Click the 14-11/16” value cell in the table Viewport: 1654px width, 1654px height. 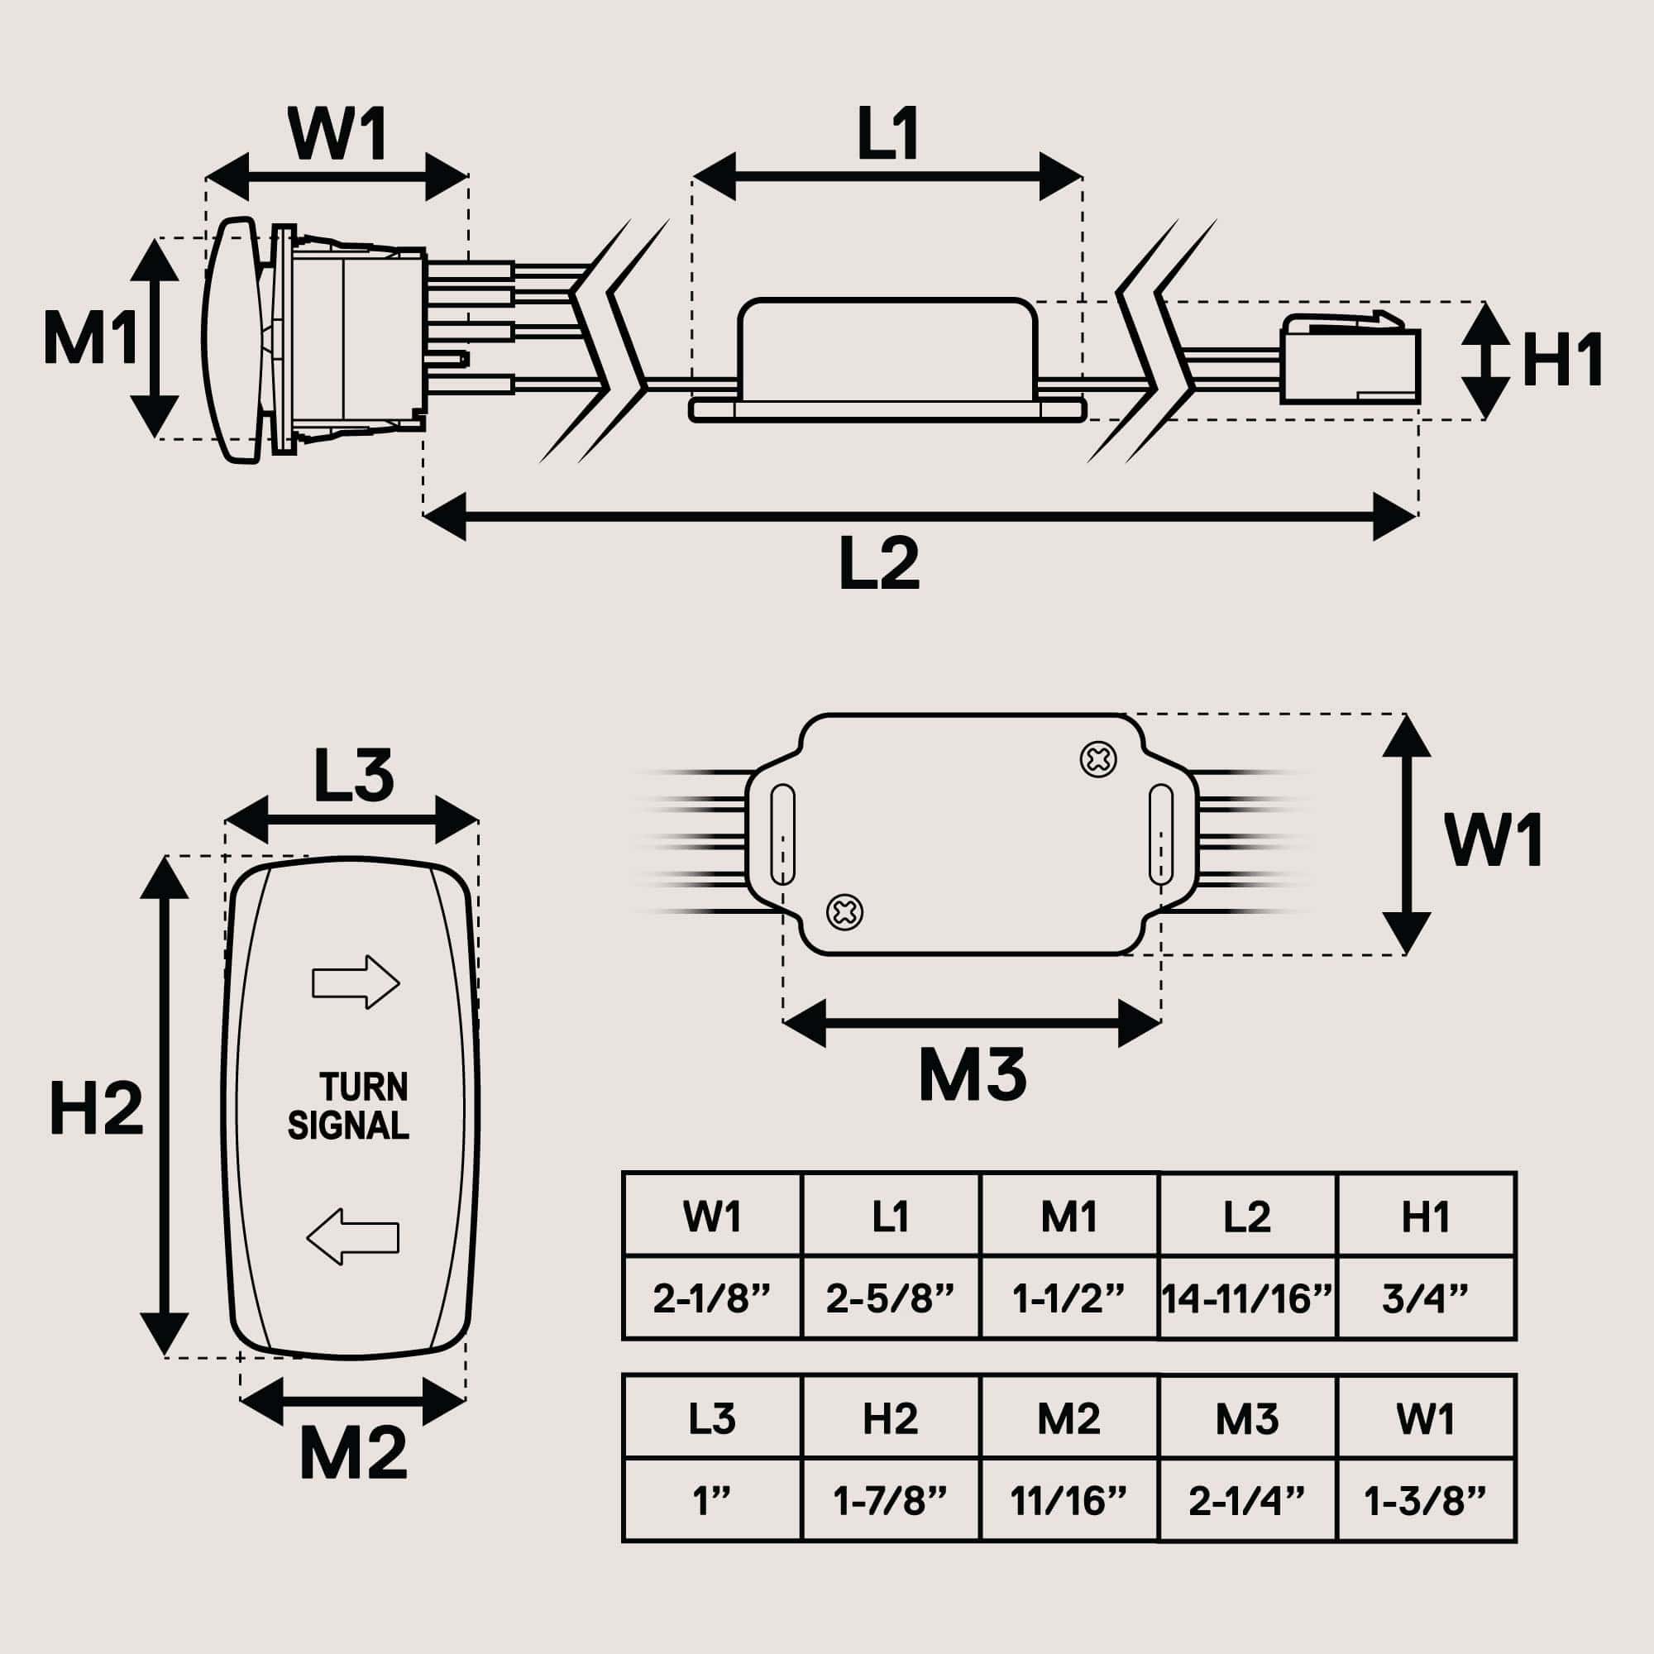pyautogui.click(x=1246, y=1299)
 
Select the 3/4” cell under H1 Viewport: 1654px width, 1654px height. pyautogui.click(x=1426, y=1299)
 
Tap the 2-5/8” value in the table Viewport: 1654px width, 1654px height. pyautogui.click(x=891, y=1299)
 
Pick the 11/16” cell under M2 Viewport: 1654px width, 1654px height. pyautogui.click(x=1068, y=1501)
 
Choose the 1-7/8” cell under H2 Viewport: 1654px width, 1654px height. pyautogui.click(x=891, y=1501)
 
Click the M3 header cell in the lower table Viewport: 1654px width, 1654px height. pyautogui.click(x=1246, y=1419)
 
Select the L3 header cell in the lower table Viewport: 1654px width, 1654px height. pyautogui.click(x=712, y=1419)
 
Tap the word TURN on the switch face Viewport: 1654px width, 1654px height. pyautogui.click(x=364, y=1088)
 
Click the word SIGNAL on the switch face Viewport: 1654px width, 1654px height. pyautogui.click(x=348, y=1126)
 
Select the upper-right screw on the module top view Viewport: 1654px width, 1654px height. pyautogui.click(x=1098, y=759)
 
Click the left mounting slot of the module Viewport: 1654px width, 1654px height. pyautogui.click(x=782, y=834)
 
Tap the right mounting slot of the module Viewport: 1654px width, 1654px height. pyautogui.click(x=1160, y=834)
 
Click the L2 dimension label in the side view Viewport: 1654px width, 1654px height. pyautogui.click(x=879, y=564)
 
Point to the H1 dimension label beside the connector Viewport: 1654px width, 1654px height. pyautogui.click(x=1562, y=361)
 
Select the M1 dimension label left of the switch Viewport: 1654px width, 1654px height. pyautogui.click(x=90, y=339)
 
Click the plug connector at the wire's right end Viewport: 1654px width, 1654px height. pyautogui.click(x=1350, y=361)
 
